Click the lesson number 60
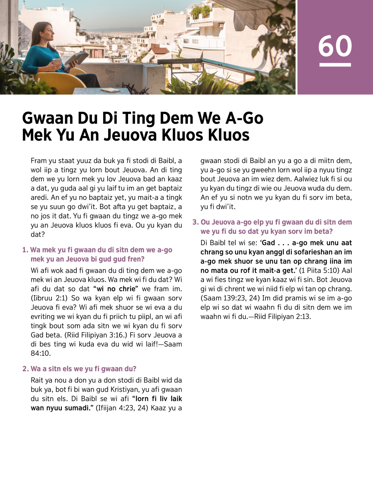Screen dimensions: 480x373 point(335,46)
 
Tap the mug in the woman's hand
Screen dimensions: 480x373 point(57,62)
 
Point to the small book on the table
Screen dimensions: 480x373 point(110,90)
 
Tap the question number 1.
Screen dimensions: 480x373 point(25,250)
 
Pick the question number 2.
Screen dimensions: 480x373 point(25,369)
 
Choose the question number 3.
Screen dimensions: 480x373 point(195,222)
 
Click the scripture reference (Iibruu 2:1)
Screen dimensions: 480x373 point(49,298)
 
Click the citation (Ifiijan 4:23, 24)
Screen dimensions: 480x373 point(121,408)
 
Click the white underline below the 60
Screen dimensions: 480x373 point(335,65)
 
